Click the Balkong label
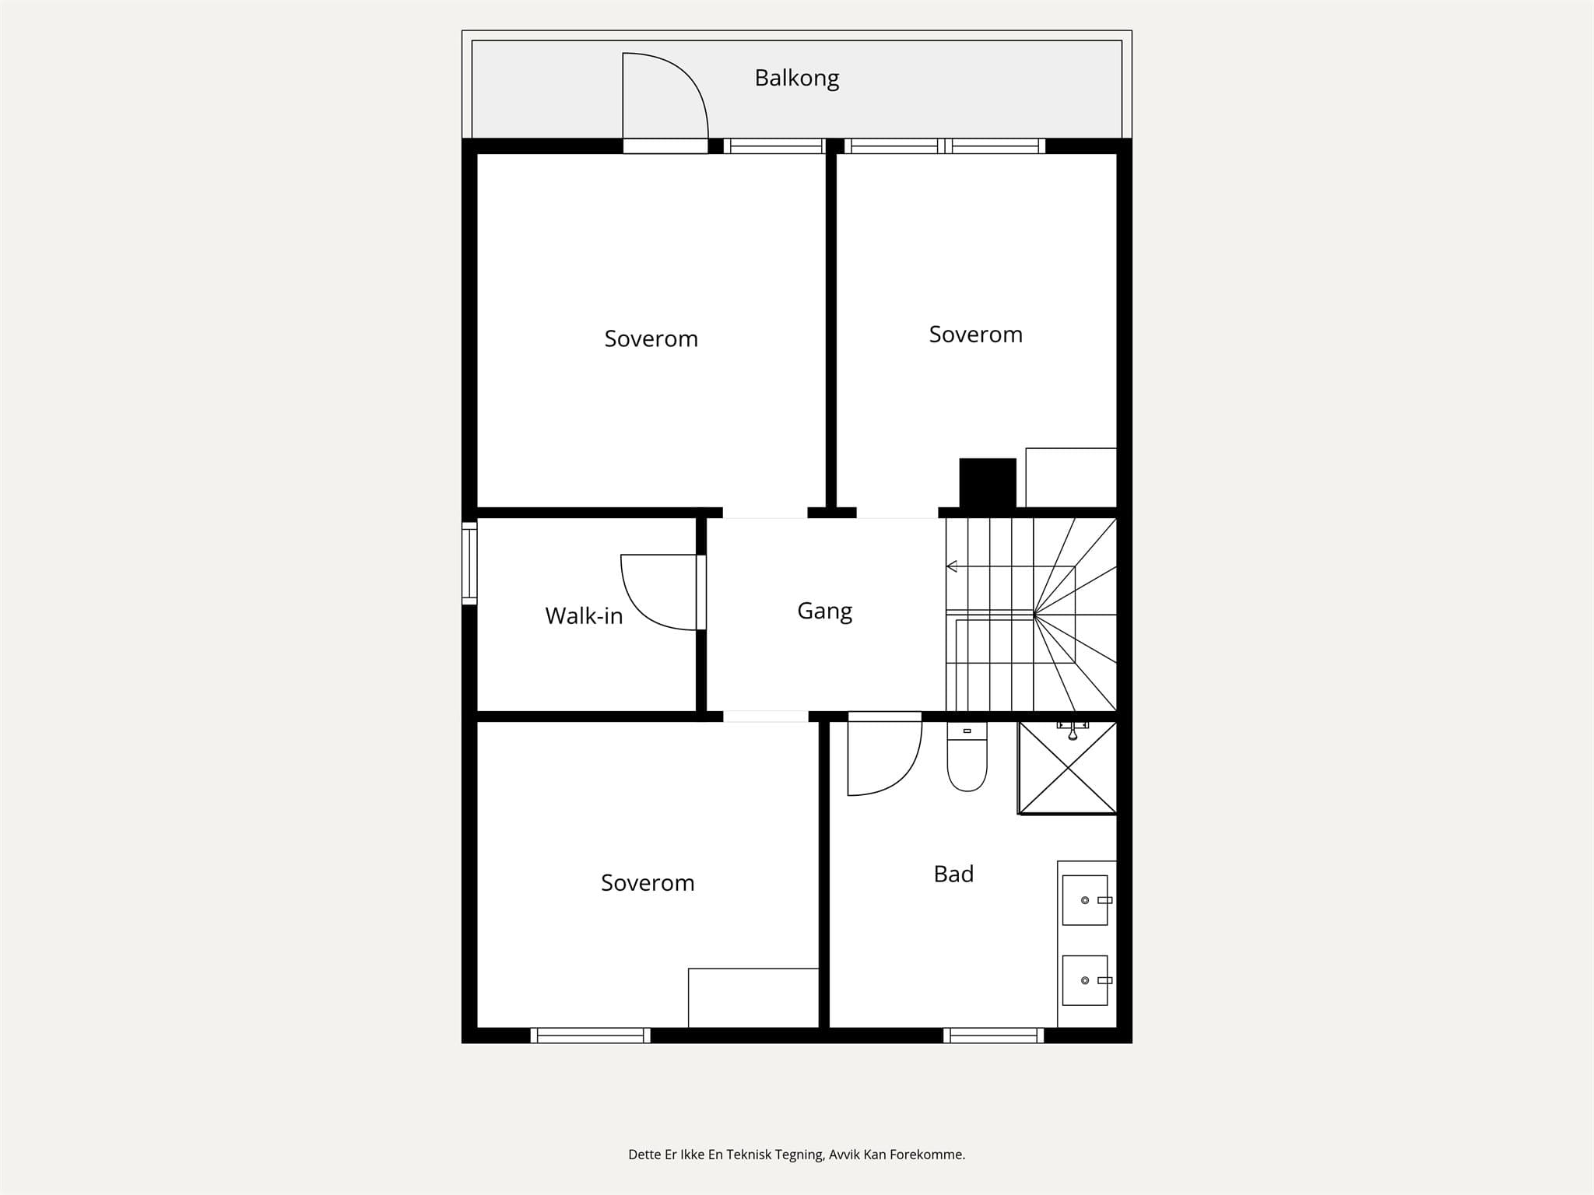797,79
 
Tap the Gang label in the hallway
825,612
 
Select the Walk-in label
584,616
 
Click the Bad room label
953,874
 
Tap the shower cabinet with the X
1068,768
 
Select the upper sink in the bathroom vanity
1086,900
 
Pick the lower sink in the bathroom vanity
1086,980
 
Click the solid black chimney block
988,483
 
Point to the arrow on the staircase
1010,566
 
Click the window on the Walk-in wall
469,563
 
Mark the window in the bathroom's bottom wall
994,1036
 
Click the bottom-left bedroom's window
590,1036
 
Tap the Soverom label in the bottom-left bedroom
648,883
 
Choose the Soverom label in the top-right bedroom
976,335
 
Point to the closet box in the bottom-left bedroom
753,998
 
